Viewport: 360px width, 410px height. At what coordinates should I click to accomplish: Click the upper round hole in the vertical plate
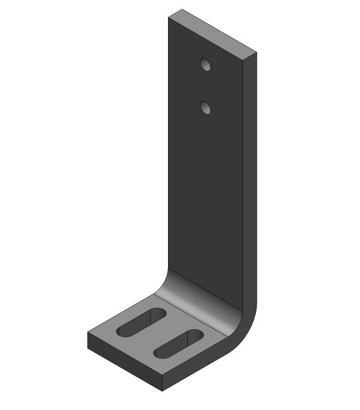click(205, 64)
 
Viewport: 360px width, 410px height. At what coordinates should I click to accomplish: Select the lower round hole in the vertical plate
click(205, 107)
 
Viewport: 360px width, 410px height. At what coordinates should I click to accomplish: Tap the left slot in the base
click(141, 322)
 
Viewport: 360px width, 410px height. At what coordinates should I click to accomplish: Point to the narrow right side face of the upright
click(249, 176)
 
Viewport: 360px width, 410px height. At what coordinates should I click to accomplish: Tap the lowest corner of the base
click(162, 390)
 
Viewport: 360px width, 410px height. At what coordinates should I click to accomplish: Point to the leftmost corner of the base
click(88, 333)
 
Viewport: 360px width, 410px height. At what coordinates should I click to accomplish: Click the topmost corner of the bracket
click(182, 9)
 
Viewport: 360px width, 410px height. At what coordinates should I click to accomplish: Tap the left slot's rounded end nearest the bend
click(159, 313)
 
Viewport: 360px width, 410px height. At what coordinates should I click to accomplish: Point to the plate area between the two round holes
click(205, 86)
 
